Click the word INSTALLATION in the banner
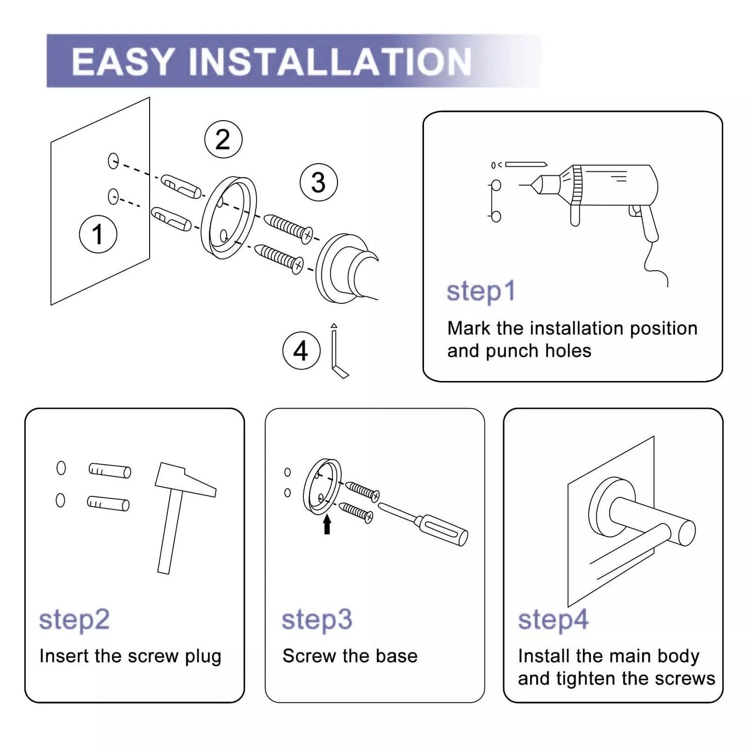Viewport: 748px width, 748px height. (x=330, y=62)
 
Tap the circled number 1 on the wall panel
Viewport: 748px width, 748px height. (x=98, y=234)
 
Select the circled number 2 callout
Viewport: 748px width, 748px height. (x=223, y=140)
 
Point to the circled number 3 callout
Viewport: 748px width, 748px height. (x=318, y=183)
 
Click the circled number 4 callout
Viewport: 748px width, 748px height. (x=301, y=351)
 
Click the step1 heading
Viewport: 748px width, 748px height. (x=481, y=291)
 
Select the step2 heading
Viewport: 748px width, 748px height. (x=74, y=619)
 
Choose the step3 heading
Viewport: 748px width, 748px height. (x=316, y=619)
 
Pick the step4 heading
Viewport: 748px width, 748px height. (x=553, y=619)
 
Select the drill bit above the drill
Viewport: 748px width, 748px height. (x=525, y=165)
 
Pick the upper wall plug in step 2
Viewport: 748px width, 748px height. (x=109, y=470)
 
